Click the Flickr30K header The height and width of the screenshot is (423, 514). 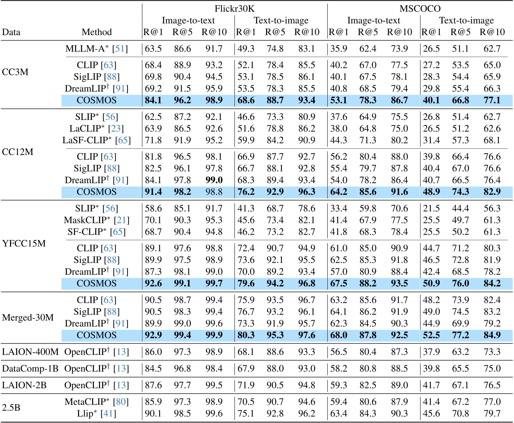234,8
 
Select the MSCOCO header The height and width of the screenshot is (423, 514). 420,8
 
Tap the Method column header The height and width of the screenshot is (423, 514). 97,32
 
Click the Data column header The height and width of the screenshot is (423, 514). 11,32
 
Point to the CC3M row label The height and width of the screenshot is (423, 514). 15,72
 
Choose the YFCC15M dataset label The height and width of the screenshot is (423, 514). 24,244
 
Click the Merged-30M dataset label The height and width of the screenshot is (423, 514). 28,318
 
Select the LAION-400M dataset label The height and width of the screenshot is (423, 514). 30,352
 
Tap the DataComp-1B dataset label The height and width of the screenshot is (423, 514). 30,369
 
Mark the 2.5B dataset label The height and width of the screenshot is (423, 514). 11,408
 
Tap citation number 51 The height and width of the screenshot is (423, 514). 120,49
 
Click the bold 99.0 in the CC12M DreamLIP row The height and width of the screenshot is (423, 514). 214,180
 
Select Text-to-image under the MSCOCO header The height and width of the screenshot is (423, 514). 466,20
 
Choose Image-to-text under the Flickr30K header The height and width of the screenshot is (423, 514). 188,20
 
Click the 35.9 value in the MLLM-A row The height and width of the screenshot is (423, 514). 338,49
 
